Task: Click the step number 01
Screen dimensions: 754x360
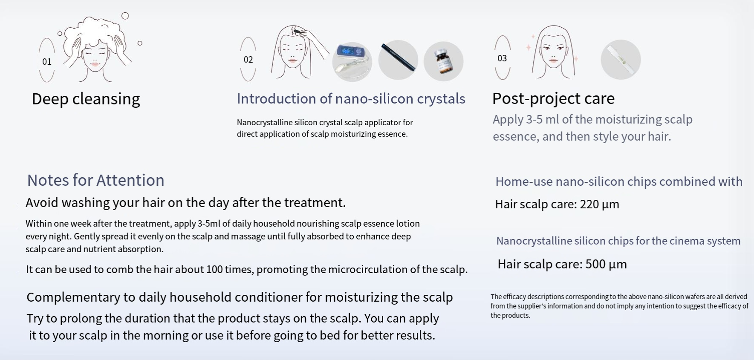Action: click(47, 62)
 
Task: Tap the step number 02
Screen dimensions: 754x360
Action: click(248, 60)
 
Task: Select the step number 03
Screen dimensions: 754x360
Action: click(502, 58)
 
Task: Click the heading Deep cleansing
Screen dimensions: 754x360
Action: click(86, 99)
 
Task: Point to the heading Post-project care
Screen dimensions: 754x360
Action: click(553, 98)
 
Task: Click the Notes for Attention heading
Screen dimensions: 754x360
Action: click(96, 180)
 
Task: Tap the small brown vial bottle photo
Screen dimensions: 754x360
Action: click(443, 61)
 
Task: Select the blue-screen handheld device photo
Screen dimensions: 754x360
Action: click(352, 61)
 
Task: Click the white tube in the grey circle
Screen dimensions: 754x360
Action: click(621, 60)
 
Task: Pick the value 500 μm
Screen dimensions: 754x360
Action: click(606, 264)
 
